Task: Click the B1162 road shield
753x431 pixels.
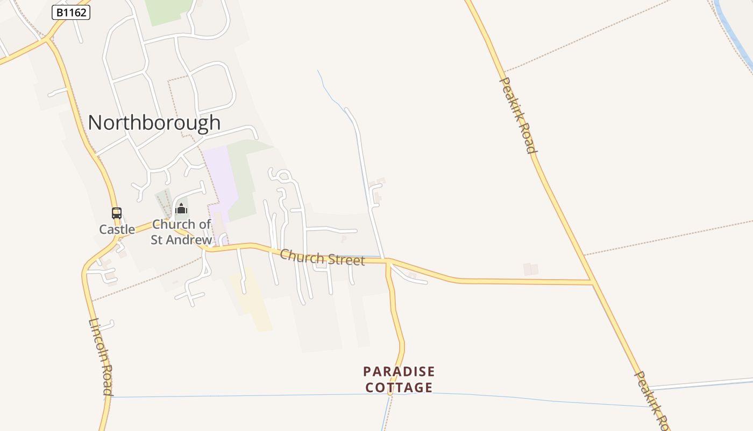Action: click(x=71, y=12)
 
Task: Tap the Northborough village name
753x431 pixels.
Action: click(x=154, y=123)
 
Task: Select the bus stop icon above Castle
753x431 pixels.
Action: click(x=117, y=213)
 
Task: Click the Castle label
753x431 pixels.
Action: click(x=117, y=230)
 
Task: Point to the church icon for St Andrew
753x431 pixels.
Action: click(x=181, y=208)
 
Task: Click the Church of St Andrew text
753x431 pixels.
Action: click(x=181, y=232)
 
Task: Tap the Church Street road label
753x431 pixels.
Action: click(x=322, y=256)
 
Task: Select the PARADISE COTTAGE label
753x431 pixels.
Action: click(x=399, y=379)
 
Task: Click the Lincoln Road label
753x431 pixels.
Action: click(x=101, y=357)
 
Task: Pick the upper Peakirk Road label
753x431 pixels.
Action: click(x=518, y=115)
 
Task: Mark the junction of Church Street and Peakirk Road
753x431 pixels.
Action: click(x=592, y=282)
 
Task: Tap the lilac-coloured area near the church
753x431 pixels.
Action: click(x=221, y=175)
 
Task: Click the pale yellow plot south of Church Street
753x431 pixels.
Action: click(x=252, y=302)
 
